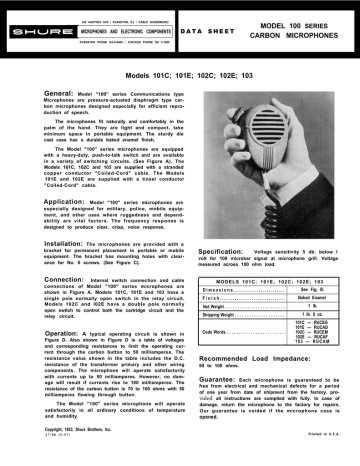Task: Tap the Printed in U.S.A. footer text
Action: click(321, 458)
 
